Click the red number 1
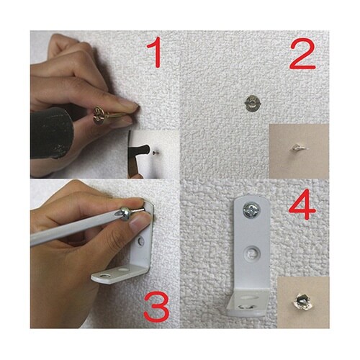point(156,53)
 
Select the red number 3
point(156,308)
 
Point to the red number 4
point(303,204)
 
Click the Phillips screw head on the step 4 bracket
point(251,210)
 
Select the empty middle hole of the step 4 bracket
point(252,253)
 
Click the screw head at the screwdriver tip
point(126,213)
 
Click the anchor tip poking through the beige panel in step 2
point(298,148)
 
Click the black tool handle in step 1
point(52,132)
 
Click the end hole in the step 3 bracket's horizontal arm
point(104,276)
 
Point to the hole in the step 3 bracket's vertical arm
point(142,241)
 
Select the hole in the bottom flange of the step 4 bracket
point(247,307)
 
